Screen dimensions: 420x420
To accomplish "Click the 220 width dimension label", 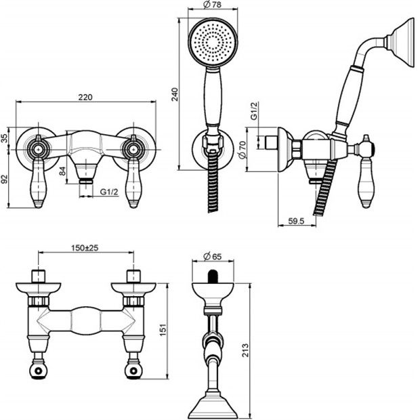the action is pyautogui.click(x=85, y=97).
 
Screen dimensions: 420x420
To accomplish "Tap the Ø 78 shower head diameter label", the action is pyautogui.click(x=213, y=5).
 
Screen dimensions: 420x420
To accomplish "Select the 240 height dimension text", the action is pyautogui.click(x=174, y=94).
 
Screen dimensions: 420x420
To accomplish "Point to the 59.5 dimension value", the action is pyautogui.click(x=296, y=221).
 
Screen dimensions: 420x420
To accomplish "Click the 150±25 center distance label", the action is pyautogui.click(x=85, y=247).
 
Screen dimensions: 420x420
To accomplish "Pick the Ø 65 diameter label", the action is pyautogui.click(x=213, y=256).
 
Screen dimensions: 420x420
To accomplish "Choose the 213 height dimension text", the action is pyautogui.click(x=245, y=350).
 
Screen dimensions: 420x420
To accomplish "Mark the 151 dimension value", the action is pyautogui.click(x=163, y=329).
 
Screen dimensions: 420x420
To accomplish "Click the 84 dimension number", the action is pyautogui.click(x=62, y=171).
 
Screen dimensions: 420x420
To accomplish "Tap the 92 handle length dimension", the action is pyautogui.click(x=5, y=179).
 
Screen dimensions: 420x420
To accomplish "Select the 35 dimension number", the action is pyautogui.click(x=5, y=138).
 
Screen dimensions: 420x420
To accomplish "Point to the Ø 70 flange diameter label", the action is pyautogui.click(x=242, y=150).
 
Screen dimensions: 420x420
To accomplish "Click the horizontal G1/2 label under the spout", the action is pyautogui.click(x=109, y=192).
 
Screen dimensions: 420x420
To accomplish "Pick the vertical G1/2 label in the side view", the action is pyautogui.click(x=253, y=110).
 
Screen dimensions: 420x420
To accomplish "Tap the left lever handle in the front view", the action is pyautogui.click(x=39, y=182).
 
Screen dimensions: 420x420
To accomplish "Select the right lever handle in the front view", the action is pyautogui.click(x=133, y=182).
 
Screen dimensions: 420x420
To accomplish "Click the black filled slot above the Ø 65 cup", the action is pyautogui.click(x=213, y=276).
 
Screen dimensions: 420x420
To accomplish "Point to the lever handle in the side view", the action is pyautogui.click(x=366, y=183).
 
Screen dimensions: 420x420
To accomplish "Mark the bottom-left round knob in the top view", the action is pyautogui.click(x=39, y=371).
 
